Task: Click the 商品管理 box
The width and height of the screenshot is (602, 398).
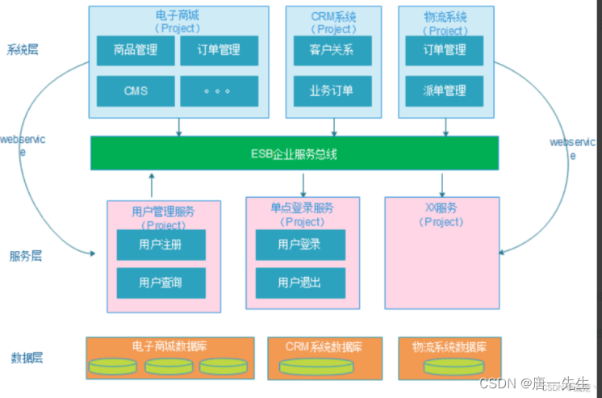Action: tap(136, 51)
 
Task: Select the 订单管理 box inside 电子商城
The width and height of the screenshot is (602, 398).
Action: tap(219, 51)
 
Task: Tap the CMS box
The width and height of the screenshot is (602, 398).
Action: tap(136, 90)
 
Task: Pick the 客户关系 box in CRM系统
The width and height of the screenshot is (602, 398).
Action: tap(331, 51)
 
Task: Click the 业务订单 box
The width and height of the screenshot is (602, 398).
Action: tap(331, 90)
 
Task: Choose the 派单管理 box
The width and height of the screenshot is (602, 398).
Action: tap(445, 90)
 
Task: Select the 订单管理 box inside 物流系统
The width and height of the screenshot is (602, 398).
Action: tap(445, 50)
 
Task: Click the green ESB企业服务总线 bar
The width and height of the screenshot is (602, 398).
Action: tap(294, 153)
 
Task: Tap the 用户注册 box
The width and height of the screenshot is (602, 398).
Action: tap(161, 245)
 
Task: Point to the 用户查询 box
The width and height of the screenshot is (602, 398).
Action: tap(161, 283)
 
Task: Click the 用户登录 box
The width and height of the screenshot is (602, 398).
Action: tap(299, 244)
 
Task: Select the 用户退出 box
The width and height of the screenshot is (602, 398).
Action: tap(299, 283)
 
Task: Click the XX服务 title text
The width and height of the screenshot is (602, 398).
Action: tap(444, 209)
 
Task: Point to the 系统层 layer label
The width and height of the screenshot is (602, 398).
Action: tap(23, 49)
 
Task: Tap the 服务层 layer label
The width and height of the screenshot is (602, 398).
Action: tap(26, 256)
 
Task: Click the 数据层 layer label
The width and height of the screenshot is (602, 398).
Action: tap(26, 358)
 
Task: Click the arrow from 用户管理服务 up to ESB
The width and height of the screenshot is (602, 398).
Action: tap(151, 185)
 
